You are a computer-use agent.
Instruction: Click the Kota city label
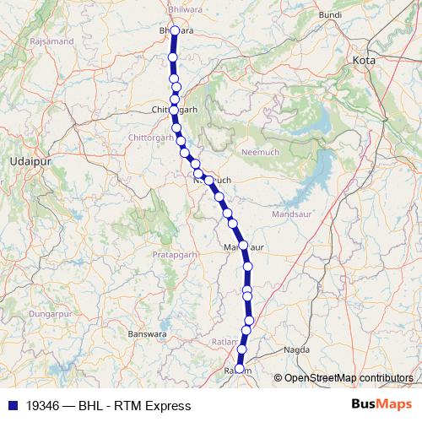[x=364, y=61]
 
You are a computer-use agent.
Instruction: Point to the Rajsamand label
[x=48, y=41]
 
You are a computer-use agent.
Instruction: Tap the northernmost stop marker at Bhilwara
[x=175, y=31]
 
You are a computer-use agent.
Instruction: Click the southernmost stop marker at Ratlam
[x=239, y=369]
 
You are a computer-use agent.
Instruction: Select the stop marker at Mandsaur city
[x=243, y=246]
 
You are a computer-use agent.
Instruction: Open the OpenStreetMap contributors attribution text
[x=349, y=378]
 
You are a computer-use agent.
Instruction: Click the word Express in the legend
[x=168, y=405]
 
